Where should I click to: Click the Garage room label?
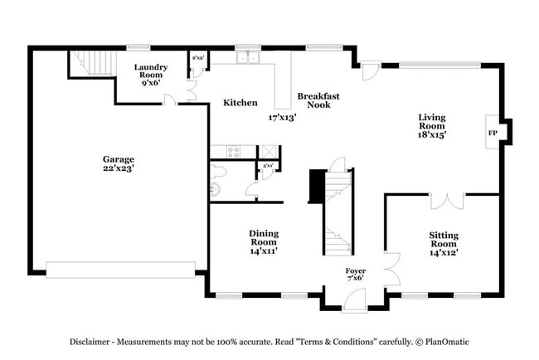coord(118,159)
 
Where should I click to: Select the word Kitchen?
coord(240,103)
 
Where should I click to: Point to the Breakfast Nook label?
coord(318,100)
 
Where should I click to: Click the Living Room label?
coord(432,124)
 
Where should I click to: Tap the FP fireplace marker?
coord(492,132)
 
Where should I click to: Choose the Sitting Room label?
coord(444,240)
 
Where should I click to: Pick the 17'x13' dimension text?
coord(282,118)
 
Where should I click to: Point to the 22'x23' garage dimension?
coord(118,168)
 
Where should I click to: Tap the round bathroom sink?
coord(216,190)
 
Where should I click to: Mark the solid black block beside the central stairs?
coord(316,186)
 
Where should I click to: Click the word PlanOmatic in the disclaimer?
coord(449,342)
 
